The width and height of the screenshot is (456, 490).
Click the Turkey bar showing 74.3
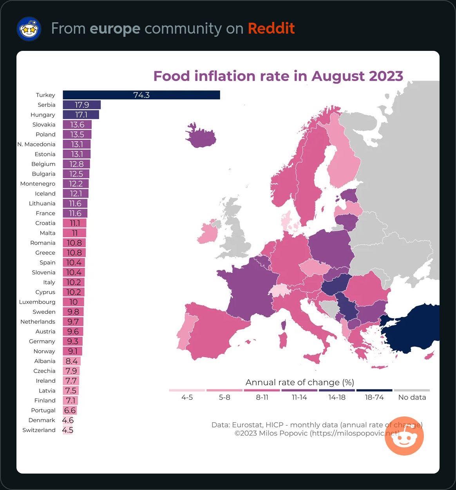coord(141,95)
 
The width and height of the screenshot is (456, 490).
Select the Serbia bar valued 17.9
coord(81,105)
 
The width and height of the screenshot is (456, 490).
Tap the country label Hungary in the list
coord(43,115)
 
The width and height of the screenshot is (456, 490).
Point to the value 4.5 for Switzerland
coord(68,430)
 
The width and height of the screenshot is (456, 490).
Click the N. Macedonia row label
coord(36,144)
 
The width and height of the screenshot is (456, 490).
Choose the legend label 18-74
coord(374,397)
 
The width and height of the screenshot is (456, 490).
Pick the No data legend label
coord(412,397)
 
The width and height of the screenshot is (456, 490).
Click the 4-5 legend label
coord(187,397)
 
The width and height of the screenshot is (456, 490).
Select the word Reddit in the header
coord(271,29)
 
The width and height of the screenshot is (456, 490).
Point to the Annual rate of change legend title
coord(300,382)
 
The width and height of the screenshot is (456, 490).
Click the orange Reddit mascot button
coord(404,436)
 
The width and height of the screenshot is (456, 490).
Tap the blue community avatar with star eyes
coord(29,29)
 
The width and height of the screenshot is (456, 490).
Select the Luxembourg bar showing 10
coord(73,302)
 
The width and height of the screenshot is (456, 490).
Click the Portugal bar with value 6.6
coord(70,411)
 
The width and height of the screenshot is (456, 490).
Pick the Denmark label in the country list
coord(42,420)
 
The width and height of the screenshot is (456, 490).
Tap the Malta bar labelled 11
coord(74,233)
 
